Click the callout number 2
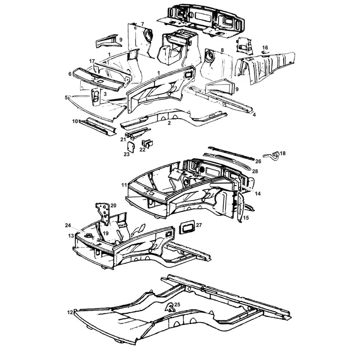[x=169, y=123]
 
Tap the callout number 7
[x=142, y=24]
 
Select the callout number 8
[x=222, y=50]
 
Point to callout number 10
[x=74, y=121]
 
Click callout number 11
[x=123, y=184]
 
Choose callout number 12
[x=70, y=312]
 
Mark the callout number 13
[x=71, y=236]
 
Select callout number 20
[x=113, y=205]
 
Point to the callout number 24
[x=68, y=225]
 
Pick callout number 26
[x=258, y=161]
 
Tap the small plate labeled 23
[x=131, y=147]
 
